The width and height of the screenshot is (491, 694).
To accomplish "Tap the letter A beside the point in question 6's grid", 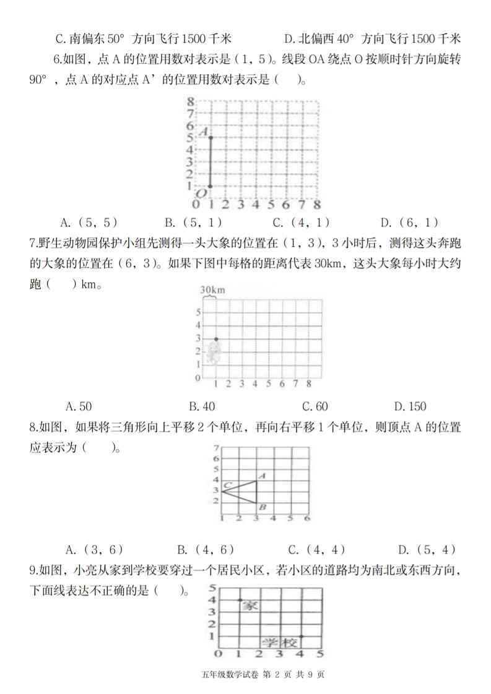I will click(202, 131).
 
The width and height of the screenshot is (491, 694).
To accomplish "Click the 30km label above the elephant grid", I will click(212, 289).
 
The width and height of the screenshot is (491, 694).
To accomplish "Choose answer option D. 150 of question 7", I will click(410, 406).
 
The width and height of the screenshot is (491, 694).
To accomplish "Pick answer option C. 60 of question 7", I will click(315, 406).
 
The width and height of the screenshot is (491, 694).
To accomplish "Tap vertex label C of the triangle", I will click(228, 485).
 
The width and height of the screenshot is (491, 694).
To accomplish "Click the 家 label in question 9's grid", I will click(250, 605).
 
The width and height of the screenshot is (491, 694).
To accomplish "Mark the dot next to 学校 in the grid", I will click(301, 636).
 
